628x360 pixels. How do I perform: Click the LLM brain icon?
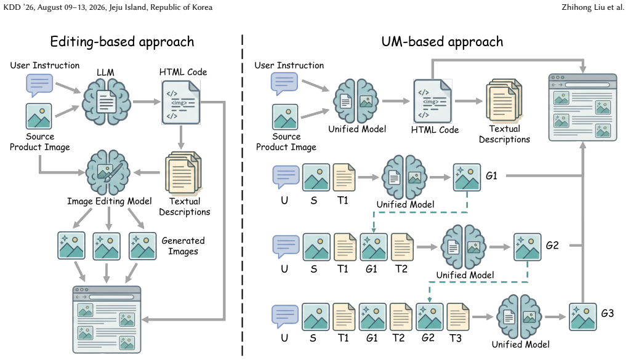(106, 102)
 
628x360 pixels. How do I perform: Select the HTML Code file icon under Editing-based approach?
(181, 102)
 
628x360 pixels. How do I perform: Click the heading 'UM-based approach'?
(442, 42)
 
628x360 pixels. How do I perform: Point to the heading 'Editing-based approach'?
(122, 42)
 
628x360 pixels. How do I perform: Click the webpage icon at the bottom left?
(107, 319)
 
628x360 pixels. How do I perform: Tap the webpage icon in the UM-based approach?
(582, 107)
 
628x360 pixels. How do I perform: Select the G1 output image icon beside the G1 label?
(467, 177)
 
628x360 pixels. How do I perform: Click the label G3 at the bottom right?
(608, 313)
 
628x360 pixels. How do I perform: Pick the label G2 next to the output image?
(552, 245)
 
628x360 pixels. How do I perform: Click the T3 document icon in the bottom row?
(458, 317)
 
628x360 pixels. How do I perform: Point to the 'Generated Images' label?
(183, 246)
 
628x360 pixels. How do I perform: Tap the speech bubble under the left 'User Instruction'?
(39, 85)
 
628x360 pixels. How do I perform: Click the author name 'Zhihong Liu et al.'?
(593, 7)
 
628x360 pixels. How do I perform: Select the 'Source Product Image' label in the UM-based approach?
(286, 142)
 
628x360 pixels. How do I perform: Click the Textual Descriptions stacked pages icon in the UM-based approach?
(504, 100)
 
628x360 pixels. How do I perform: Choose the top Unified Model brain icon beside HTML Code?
(356, 100)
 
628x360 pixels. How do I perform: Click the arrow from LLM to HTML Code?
(147, 102)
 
